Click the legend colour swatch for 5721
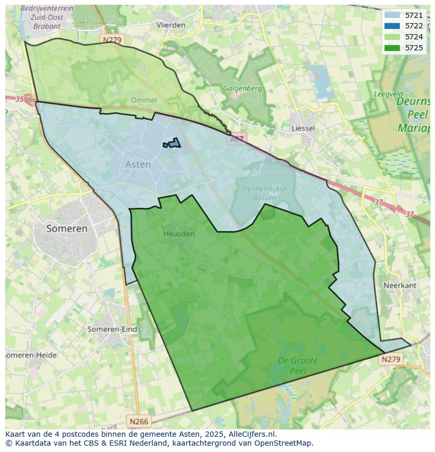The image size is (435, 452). [x=392, y=15]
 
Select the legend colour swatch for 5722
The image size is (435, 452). [x=392, y=26]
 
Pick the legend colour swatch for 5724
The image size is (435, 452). [x=392, y=37]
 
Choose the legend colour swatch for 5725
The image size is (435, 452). [x=392, y=48]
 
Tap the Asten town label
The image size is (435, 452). [x=138, y=164]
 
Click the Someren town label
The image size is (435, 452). [x=67, y=228]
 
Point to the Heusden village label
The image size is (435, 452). [x=179, y=234]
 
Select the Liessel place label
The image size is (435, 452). [x=303, y=128]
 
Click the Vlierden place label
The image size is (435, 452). [x=171, y=25]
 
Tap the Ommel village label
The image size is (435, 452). [x=143, y=100]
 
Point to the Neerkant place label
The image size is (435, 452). [x=400, y=285]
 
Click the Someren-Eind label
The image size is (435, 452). [x=112, y=329]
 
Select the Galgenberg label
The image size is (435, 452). [x=242, y=88]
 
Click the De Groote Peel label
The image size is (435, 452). [x=297, y=365]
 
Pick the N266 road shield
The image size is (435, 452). [x=139, y=421]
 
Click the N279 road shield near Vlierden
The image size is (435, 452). [x=112, y=40]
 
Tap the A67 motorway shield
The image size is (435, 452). [x=237, y=139]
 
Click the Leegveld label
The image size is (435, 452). [x=388, y=94]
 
